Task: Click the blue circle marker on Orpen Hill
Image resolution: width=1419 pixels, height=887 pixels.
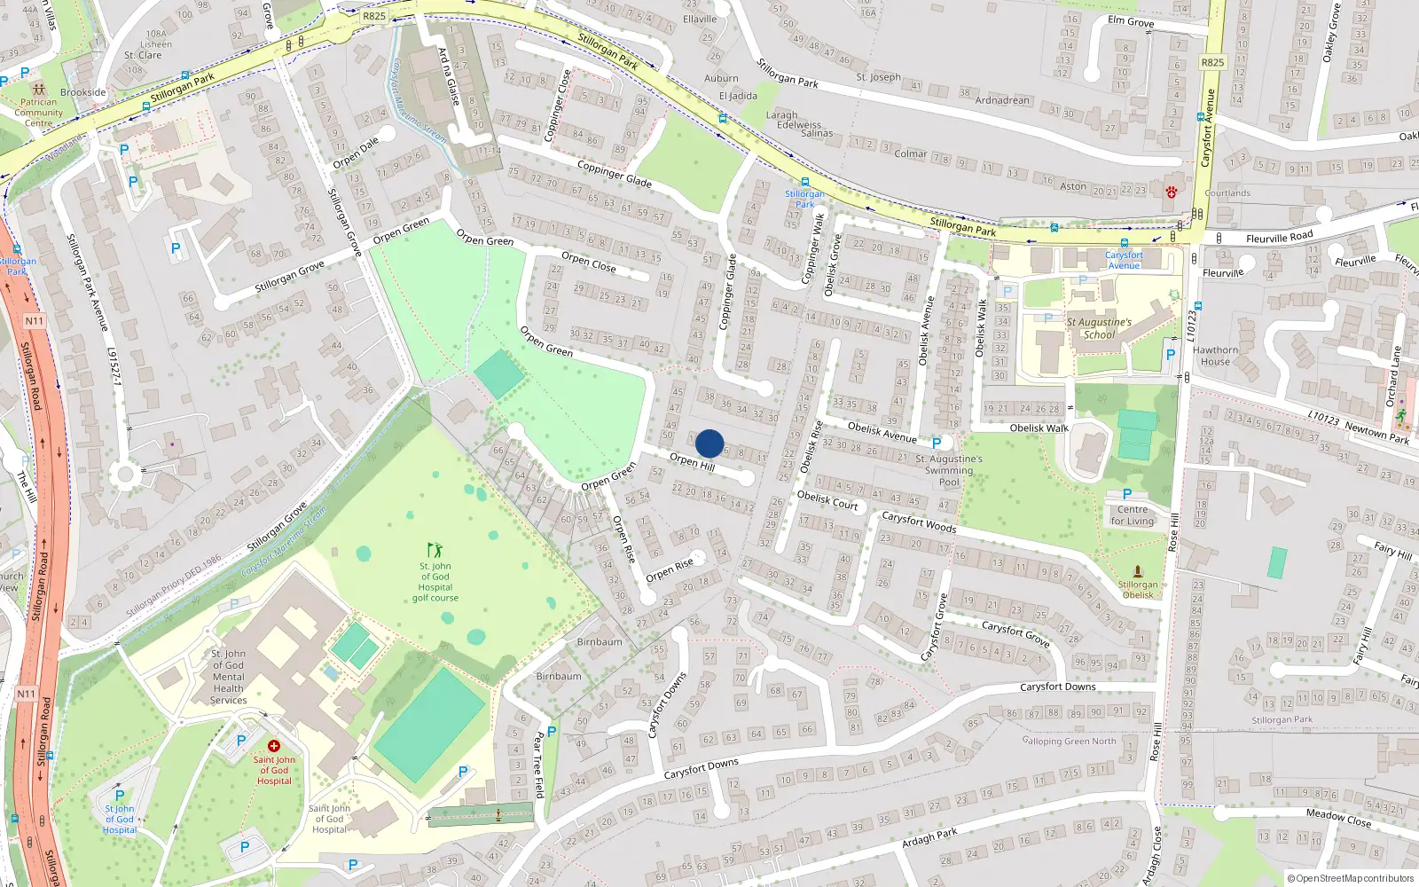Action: [709, 443]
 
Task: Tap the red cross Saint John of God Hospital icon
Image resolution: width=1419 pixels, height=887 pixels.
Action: [273, 746]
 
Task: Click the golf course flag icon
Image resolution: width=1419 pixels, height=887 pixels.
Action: [435, 550]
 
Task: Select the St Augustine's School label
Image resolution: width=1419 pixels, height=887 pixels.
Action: [1099, 328]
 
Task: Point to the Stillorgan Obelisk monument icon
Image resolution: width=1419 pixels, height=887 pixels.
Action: [1138, 571]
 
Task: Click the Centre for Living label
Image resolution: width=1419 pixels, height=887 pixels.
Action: [1133, 515]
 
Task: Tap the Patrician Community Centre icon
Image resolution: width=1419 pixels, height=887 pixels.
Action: [38, 90]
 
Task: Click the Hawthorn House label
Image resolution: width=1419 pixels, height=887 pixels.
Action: [1215, 356]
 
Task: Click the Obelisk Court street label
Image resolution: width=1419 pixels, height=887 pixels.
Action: [827, 500]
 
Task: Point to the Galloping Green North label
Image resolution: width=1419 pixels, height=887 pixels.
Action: [1069, 741]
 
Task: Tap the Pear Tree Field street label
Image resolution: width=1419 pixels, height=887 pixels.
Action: [537, 765]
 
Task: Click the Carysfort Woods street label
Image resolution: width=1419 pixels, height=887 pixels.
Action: [919, 522]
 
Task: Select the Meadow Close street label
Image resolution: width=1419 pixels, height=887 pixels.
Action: [1338, 817]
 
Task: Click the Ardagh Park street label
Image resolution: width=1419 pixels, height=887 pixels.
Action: [929, 837]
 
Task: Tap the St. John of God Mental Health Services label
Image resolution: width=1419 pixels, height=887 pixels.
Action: [228, 677]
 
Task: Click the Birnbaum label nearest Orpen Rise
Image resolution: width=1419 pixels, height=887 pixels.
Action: [600, 642]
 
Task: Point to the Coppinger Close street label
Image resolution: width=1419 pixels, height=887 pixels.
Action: [557, 105]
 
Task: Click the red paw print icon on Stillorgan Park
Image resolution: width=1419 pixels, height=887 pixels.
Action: [1172, 192]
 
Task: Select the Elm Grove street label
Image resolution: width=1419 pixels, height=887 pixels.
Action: [1131, 21]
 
